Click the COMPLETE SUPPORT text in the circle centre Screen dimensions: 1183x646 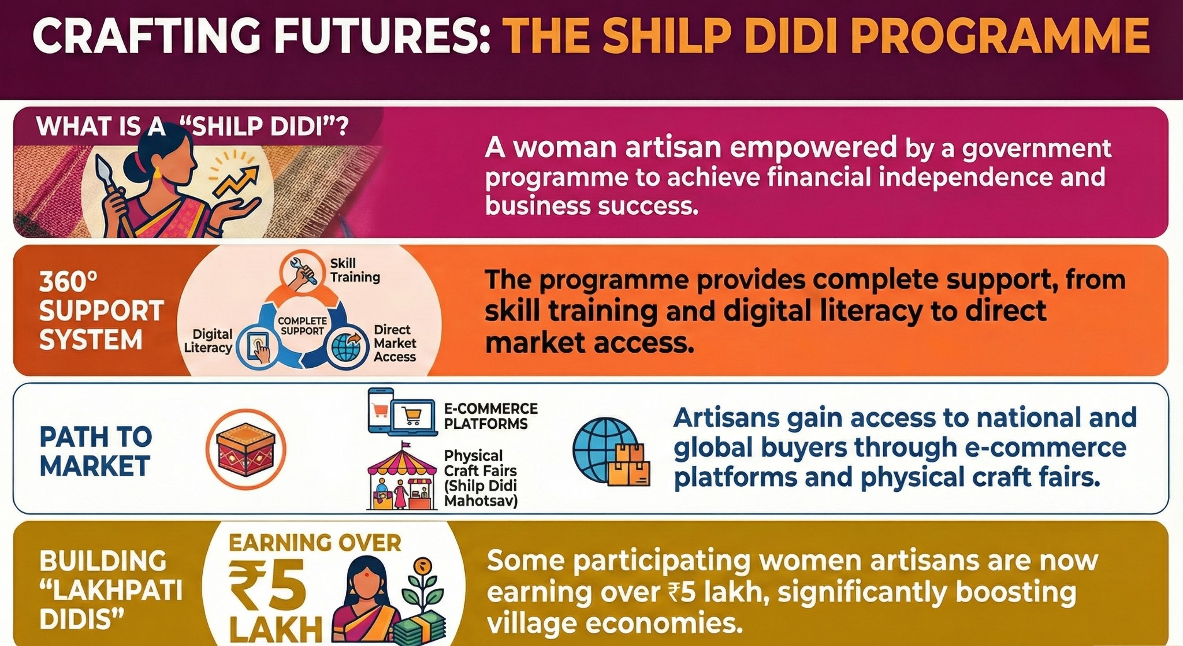click(302, 326)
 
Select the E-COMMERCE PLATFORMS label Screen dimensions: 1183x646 click(490, 416)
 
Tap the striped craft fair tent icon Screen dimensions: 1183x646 click(401, 477)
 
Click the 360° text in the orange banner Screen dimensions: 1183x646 click(68, 282)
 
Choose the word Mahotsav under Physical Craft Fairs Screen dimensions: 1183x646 click(481, 501)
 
